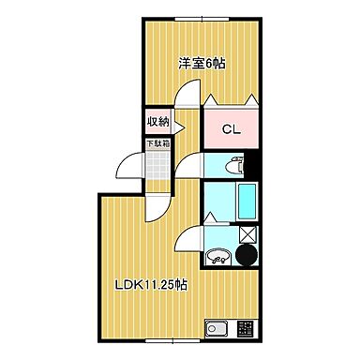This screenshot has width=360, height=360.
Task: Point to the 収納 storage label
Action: tap(157, 121)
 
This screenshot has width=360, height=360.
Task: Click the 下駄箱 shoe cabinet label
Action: tap(156, 144)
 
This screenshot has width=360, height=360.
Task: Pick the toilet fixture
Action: tap(232, 166)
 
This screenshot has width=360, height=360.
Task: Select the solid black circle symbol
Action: tap(247, 255)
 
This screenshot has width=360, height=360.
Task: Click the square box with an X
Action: tap(247, 234)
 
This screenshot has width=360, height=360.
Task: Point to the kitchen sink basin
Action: tap(218, 329)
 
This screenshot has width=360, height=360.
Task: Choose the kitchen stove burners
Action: tap(245, 329)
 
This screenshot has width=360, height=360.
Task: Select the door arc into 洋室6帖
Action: tap(188, 94)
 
